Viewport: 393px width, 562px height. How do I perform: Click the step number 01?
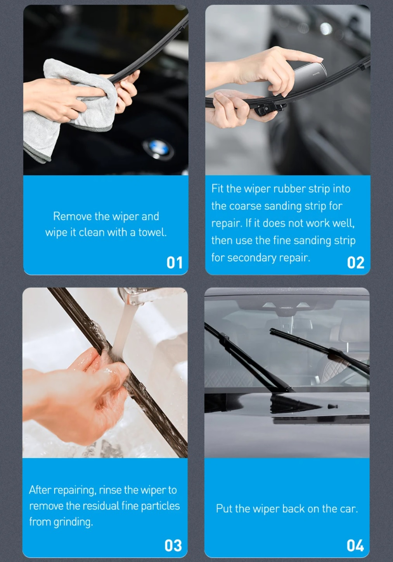(175, 263)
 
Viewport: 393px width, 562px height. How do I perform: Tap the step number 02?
(356, 263)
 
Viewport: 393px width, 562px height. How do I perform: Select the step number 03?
(173, 545)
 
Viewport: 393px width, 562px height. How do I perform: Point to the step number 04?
(355, 545)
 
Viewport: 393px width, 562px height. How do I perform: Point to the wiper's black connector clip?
(269, 108)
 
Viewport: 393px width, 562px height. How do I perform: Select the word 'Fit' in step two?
(217, 188)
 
